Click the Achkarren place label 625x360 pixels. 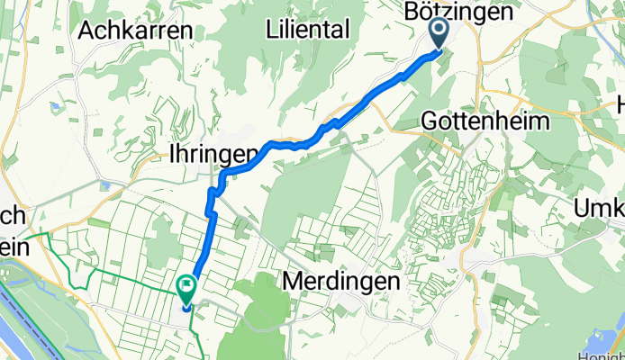tap(136, 30)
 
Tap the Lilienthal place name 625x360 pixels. tap(307, 30)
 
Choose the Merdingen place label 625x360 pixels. tap(341, 281)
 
